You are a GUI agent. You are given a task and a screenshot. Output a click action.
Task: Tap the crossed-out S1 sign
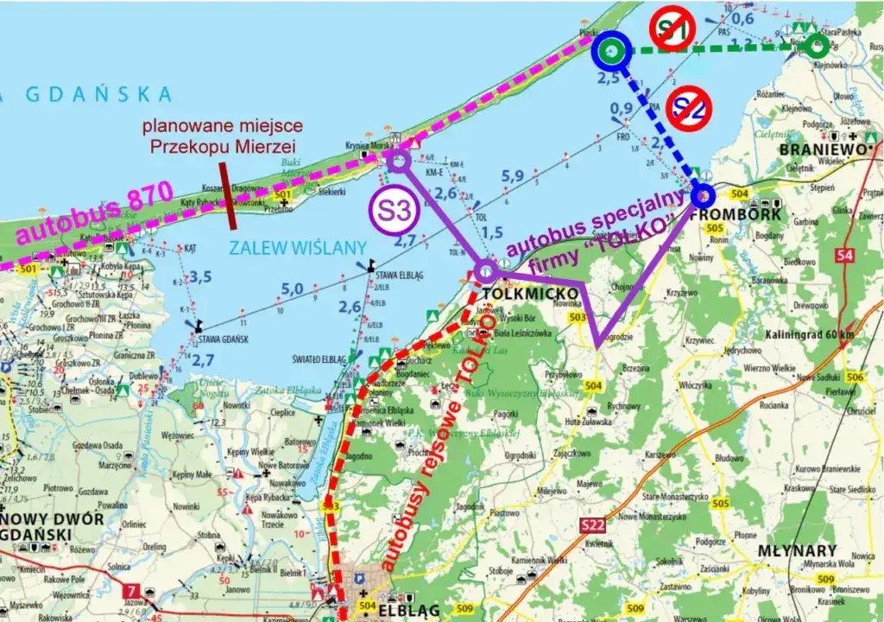point(672,29)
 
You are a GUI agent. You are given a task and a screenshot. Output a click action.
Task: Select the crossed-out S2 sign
point(688,107)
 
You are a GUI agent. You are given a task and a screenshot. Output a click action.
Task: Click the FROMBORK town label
point(723,213)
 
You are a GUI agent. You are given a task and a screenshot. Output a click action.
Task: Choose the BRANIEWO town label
point(822,149)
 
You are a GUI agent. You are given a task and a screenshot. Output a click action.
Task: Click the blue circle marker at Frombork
point(701,195)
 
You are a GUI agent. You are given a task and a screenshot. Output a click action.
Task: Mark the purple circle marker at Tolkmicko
point(486,271)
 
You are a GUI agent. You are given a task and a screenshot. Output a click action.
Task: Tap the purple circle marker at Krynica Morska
point(398,159)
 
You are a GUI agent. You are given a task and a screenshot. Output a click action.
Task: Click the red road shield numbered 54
point(844,255)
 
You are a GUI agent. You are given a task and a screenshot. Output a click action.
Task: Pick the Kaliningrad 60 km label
point(809,334)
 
